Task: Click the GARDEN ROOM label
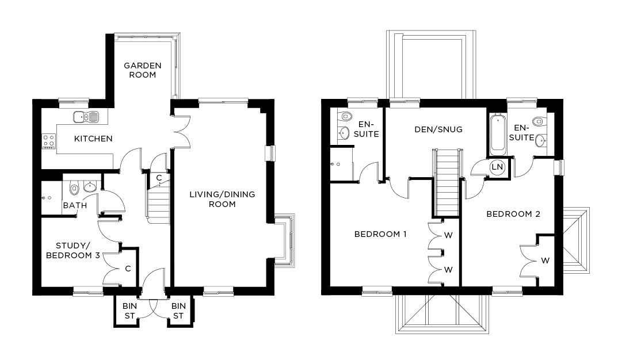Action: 142,70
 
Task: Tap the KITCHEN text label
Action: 93,139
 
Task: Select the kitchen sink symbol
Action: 86,117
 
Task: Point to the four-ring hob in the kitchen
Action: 48,141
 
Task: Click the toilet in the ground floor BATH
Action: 73,188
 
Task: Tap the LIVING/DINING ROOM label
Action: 222,199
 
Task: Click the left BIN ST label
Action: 127,311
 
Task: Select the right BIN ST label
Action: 178,311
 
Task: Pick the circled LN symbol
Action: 497,167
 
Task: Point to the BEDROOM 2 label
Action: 513,214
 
